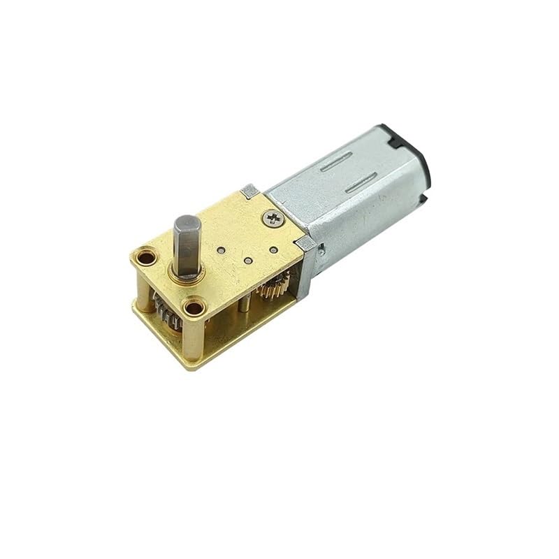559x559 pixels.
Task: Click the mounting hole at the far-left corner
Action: click(x=145, y=257)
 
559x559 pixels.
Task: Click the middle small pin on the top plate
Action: click(x=248, y=261)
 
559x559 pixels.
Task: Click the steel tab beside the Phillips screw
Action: click(x=248, y=190)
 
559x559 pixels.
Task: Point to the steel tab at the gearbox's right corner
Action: click(x=305, y=244)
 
